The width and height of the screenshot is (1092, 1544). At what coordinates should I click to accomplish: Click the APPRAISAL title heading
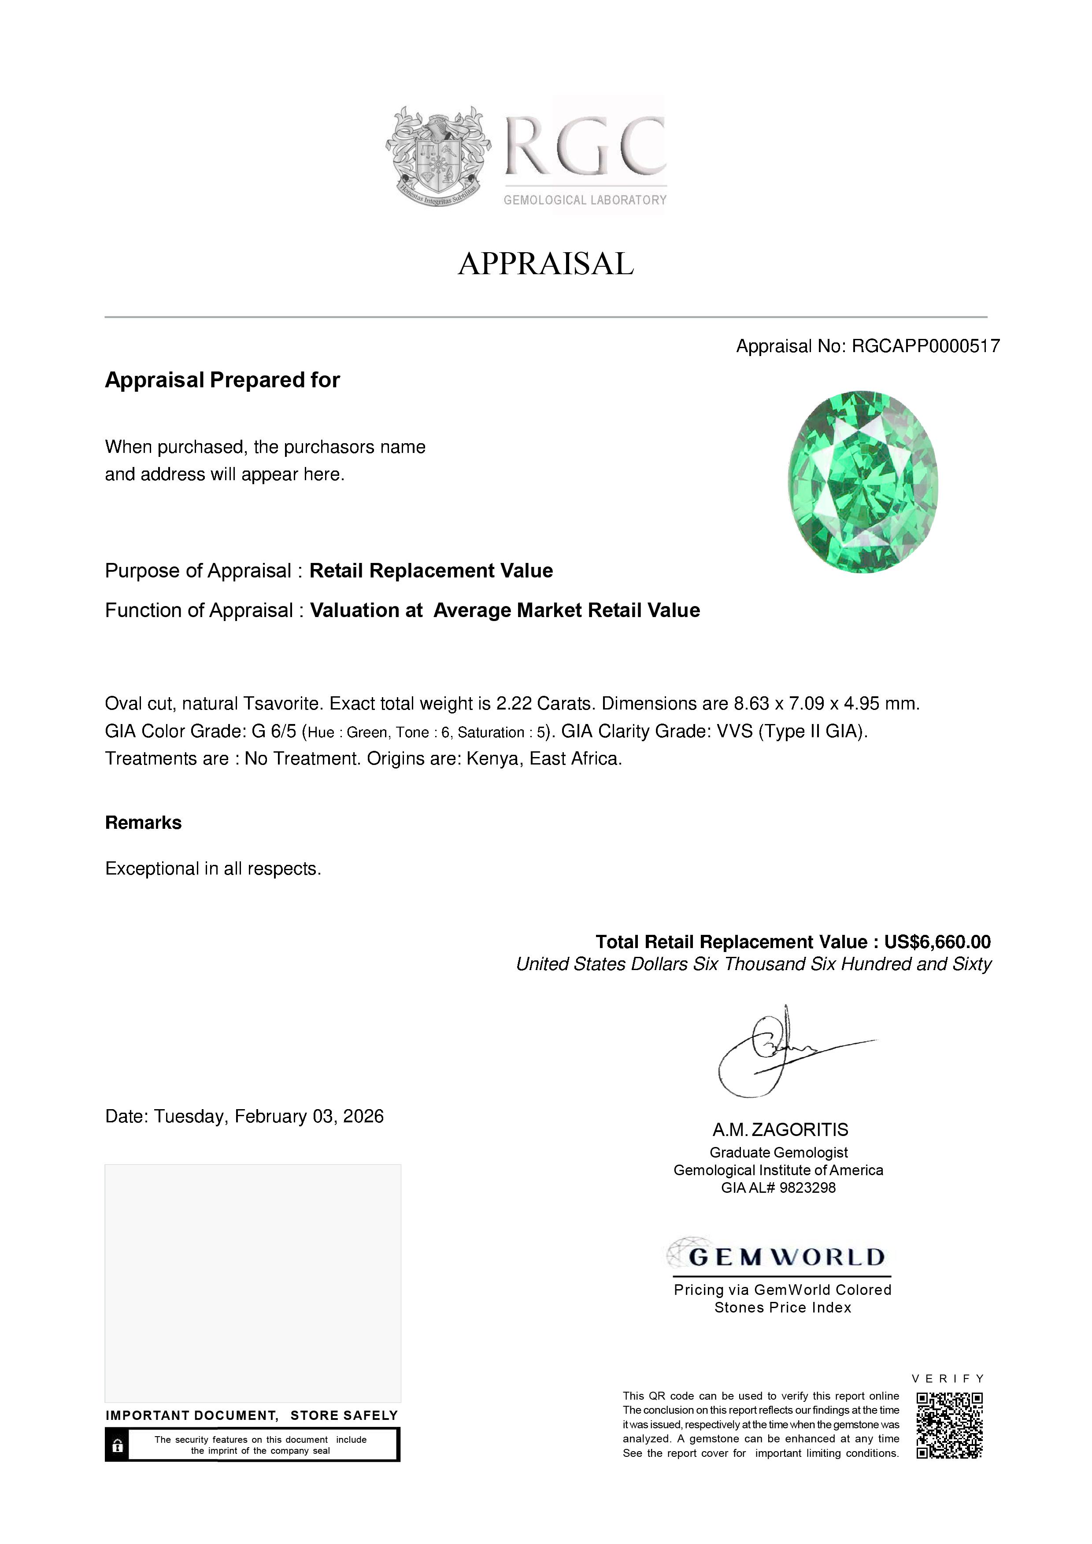(546, 264)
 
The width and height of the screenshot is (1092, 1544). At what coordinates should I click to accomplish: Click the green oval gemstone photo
(862, 482)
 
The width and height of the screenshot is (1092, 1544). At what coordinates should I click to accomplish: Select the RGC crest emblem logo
(437, 156)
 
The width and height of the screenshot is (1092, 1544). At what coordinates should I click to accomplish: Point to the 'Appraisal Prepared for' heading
(222, 380)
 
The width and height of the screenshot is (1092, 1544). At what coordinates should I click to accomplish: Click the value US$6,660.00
(937, 941)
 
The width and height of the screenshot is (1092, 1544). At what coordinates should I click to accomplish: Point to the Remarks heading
(143, 823)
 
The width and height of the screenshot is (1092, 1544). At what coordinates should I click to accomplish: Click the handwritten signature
(781, 1051)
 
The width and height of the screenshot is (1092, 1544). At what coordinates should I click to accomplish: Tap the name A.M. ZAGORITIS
(781, 1130)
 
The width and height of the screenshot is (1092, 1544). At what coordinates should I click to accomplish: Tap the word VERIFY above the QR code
(948, 1379)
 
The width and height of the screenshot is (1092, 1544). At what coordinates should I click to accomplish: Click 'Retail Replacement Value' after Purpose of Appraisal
(431, 571)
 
